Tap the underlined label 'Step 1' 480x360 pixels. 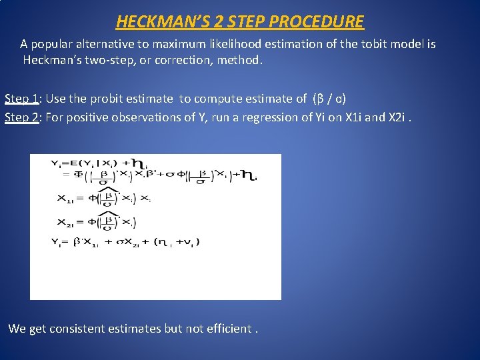click(21, 99)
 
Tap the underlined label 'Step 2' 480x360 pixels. click(21, 117)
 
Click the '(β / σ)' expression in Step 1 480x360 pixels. click(329, 99)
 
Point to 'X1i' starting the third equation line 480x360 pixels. click(67, 198)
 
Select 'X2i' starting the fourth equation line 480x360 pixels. click(67, 222)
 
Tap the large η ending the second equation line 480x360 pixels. click(248, 175)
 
